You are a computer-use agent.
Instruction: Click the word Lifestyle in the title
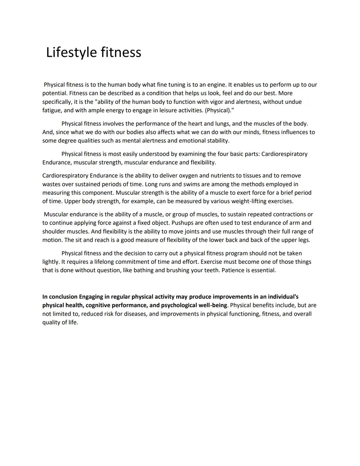[x=71, y=53]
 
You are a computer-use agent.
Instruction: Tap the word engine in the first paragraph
[x=217, y=85]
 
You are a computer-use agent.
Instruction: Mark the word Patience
[x=233, y=270]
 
